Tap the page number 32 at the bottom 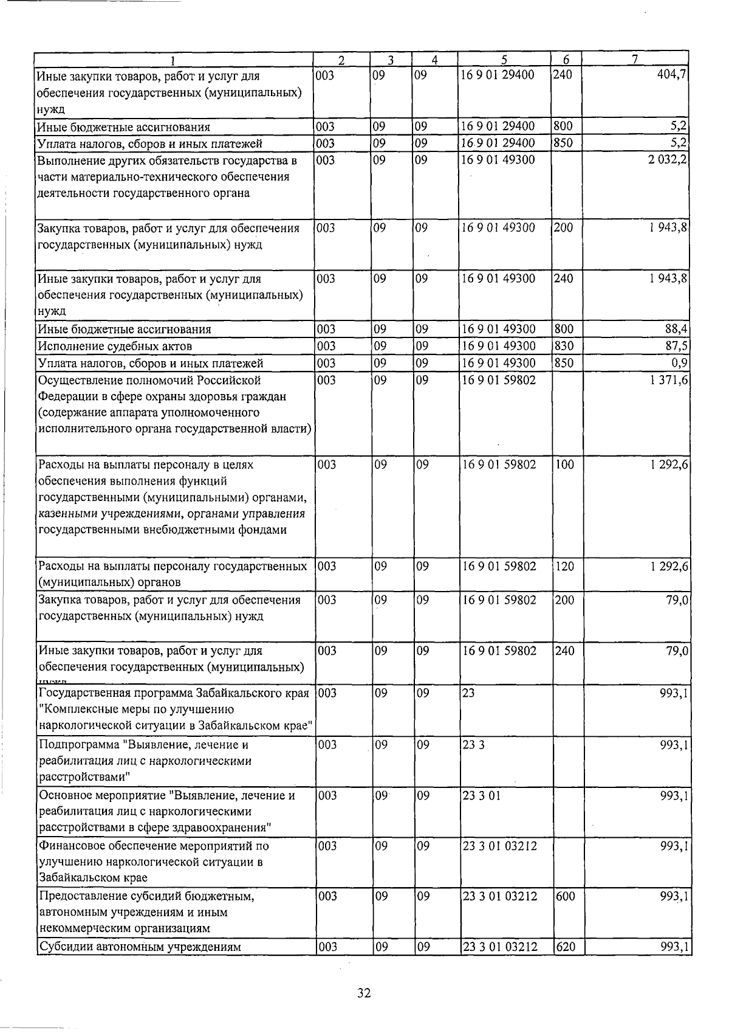coord(364,993)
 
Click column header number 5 coord(504,60)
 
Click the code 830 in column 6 coord(565,346)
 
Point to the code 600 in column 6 coord(566,896)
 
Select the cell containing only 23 coord(468,694)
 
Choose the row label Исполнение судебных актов coord(115,346)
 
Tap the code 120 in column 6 coord(566,566)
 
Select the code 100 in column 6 coord(565,465)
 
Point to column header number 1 coord(173,60)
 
